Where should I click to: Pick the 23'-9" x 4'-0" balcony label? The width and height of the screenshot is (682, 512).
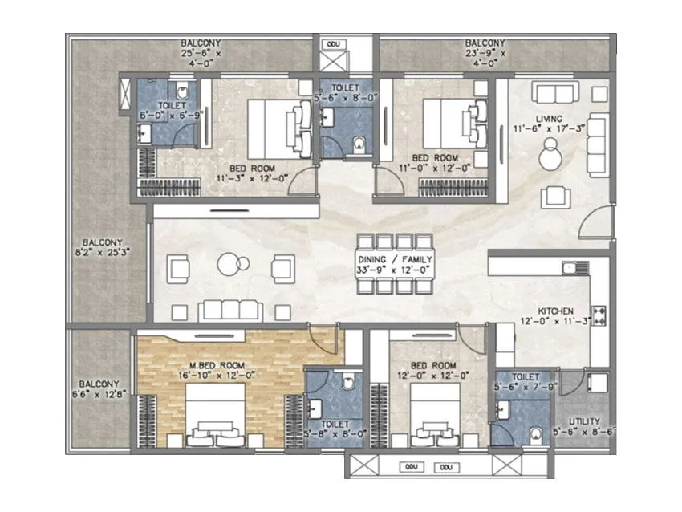[485, 50]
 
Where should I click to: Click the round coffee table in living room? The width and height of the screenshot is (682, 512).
[551, 155]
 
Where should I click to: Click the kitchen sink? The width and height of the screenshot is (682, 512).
[571, 267]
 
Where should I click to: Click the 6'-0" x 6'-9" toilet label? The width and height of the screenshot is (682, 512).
[173, 111]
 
